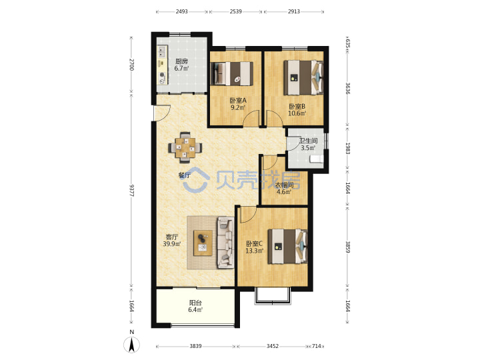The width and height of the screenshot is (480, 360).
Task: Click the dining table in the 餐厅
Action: [x=185, y=148]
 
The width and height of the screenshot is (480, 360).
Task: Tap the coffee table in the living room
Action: [x=203, y=243]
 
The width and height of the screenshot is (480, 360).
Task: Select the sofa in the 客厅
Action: [x=225, y=243]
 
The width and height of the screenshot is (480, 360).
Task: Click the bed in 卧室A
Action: [x=233, y=73]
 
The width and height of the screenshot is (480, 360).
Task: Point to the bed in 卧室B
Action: [x=303, y=77]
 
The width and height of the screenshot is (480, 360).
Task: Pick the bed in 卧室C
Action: [x=287, y=246]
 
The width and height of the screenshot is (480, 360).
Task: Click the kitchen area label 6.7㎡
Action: [x=181, y=69]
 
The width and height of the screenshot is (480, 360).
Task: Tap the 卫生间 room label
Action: [x=308, y=141]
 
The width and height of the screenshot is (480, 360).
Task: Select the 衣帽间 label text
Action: [x=284, y=185]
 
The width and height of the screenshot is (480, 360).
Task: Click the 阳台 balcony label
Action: [x=195, y=303]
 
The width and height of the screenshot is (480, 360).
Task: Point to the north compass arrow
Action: [x=131, y=345]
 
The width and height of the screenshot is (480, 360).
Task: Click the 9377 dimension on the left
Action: [x=131, y=191]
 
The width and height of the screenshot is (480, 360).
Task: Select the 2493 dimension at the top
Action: [x=181, y=11]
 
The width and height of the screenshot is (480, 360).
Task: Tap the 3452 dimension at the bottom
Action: [x=273, y=346]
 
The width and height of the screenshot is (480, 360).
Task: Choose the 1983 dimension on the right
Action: [x=347, y=148]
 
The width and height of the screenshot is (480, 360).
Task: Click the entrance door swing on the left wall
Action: [x=163, y=113]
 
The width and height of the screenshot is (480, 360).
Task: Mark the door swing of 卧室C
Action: [x=248, y=215]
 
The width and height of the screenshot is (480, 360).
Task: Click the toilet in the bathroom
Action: [x=316, y=159]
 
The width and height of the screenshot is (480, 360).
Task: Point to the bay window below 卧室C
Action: [x=273, y=296]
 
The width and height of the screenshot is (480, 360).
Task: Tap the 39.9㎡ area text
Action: [x=172, y=244]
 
